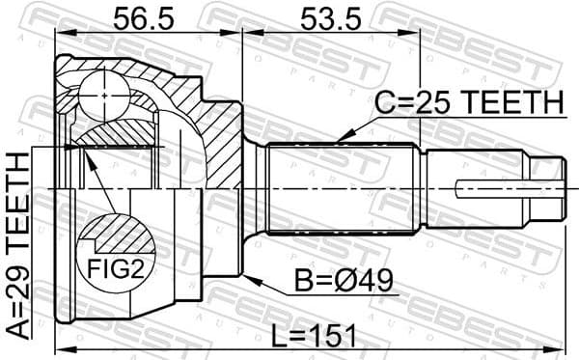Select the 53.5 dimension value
click(324, 18)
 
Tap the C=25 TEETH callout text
click(468, 103)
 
